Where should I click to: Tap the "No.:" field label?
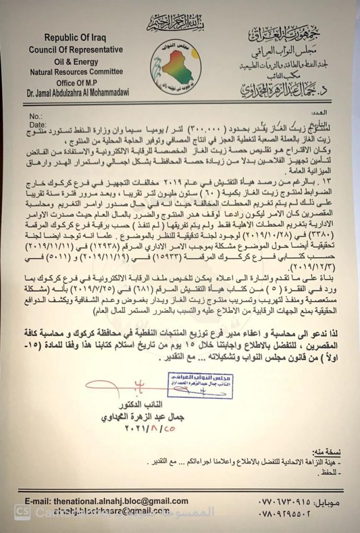[x=36, y=116]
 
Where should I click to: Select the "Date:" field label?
[x=38, y=124]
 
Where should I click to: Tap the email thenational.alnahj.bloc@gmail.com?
[x=121, y=501]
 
